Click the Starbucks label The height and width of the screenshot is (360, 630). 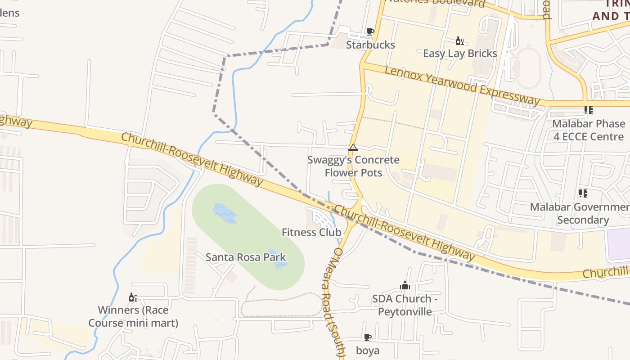pos(370,45)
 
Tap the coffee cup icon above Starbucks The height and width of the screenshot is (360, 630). pos(370,31)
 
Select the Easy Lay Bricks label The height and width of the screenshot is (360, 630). pos(460,54)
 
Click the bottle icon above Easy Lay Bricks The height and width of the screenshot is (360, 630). pos(459,41)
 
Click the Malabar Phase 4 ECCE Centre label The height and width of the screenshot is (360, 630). pos(589,130)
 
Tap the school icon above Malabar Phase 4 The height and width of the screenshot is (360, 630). pos(588,110)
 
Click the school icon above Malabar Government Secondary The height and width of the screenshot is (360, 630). pos(583,193)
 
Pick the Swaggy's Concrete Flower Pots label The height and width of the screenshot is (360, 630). pos(353,166)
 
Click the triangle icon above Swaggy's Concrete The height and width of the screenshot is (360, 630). pos(353,147)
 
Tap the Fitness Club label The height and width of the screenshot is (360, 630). pos(311,233)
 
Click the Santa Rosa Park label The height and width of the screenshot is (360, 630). pos(246,257)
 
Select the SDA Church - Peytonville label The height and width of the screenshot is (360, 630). pos(405,305)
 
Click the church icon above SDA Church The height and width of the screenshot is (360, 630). pos(405,285)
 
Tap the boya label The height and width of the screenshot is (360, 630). pos(368,351)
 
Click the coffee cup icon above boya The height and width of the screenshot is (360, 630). pos(368,337)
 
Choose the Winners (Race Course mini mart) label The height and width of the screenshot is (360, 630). pos(133,316)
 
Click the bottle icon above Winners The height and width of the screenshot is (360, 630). pos(133,297)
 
